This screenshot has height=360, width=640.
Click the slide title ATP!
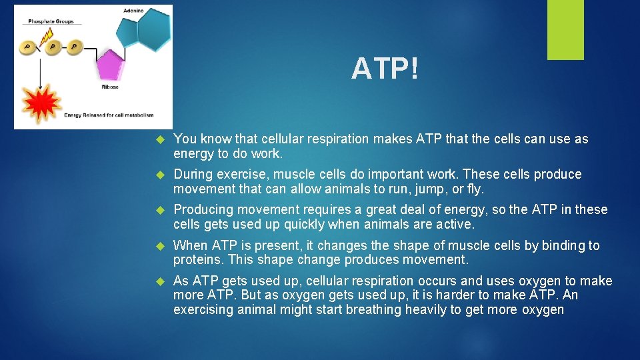pos(385,68)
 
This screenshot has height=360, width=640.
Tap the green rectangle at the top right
pos(565,29)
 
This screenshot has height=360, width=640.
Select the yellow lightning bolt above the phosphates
pos(47,39)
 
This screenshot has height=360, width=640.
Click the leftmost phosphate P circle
pos(27,47)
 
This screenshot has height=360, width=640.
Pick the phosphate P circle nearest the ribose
pos(74,47)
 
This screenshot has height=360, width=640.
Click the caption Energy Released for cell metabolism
pos(109,115)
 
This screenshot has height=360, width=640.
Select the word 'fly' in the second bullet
pos(475,189)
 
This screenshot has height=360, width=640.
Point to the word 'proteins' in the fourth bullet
pos(196,259)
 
